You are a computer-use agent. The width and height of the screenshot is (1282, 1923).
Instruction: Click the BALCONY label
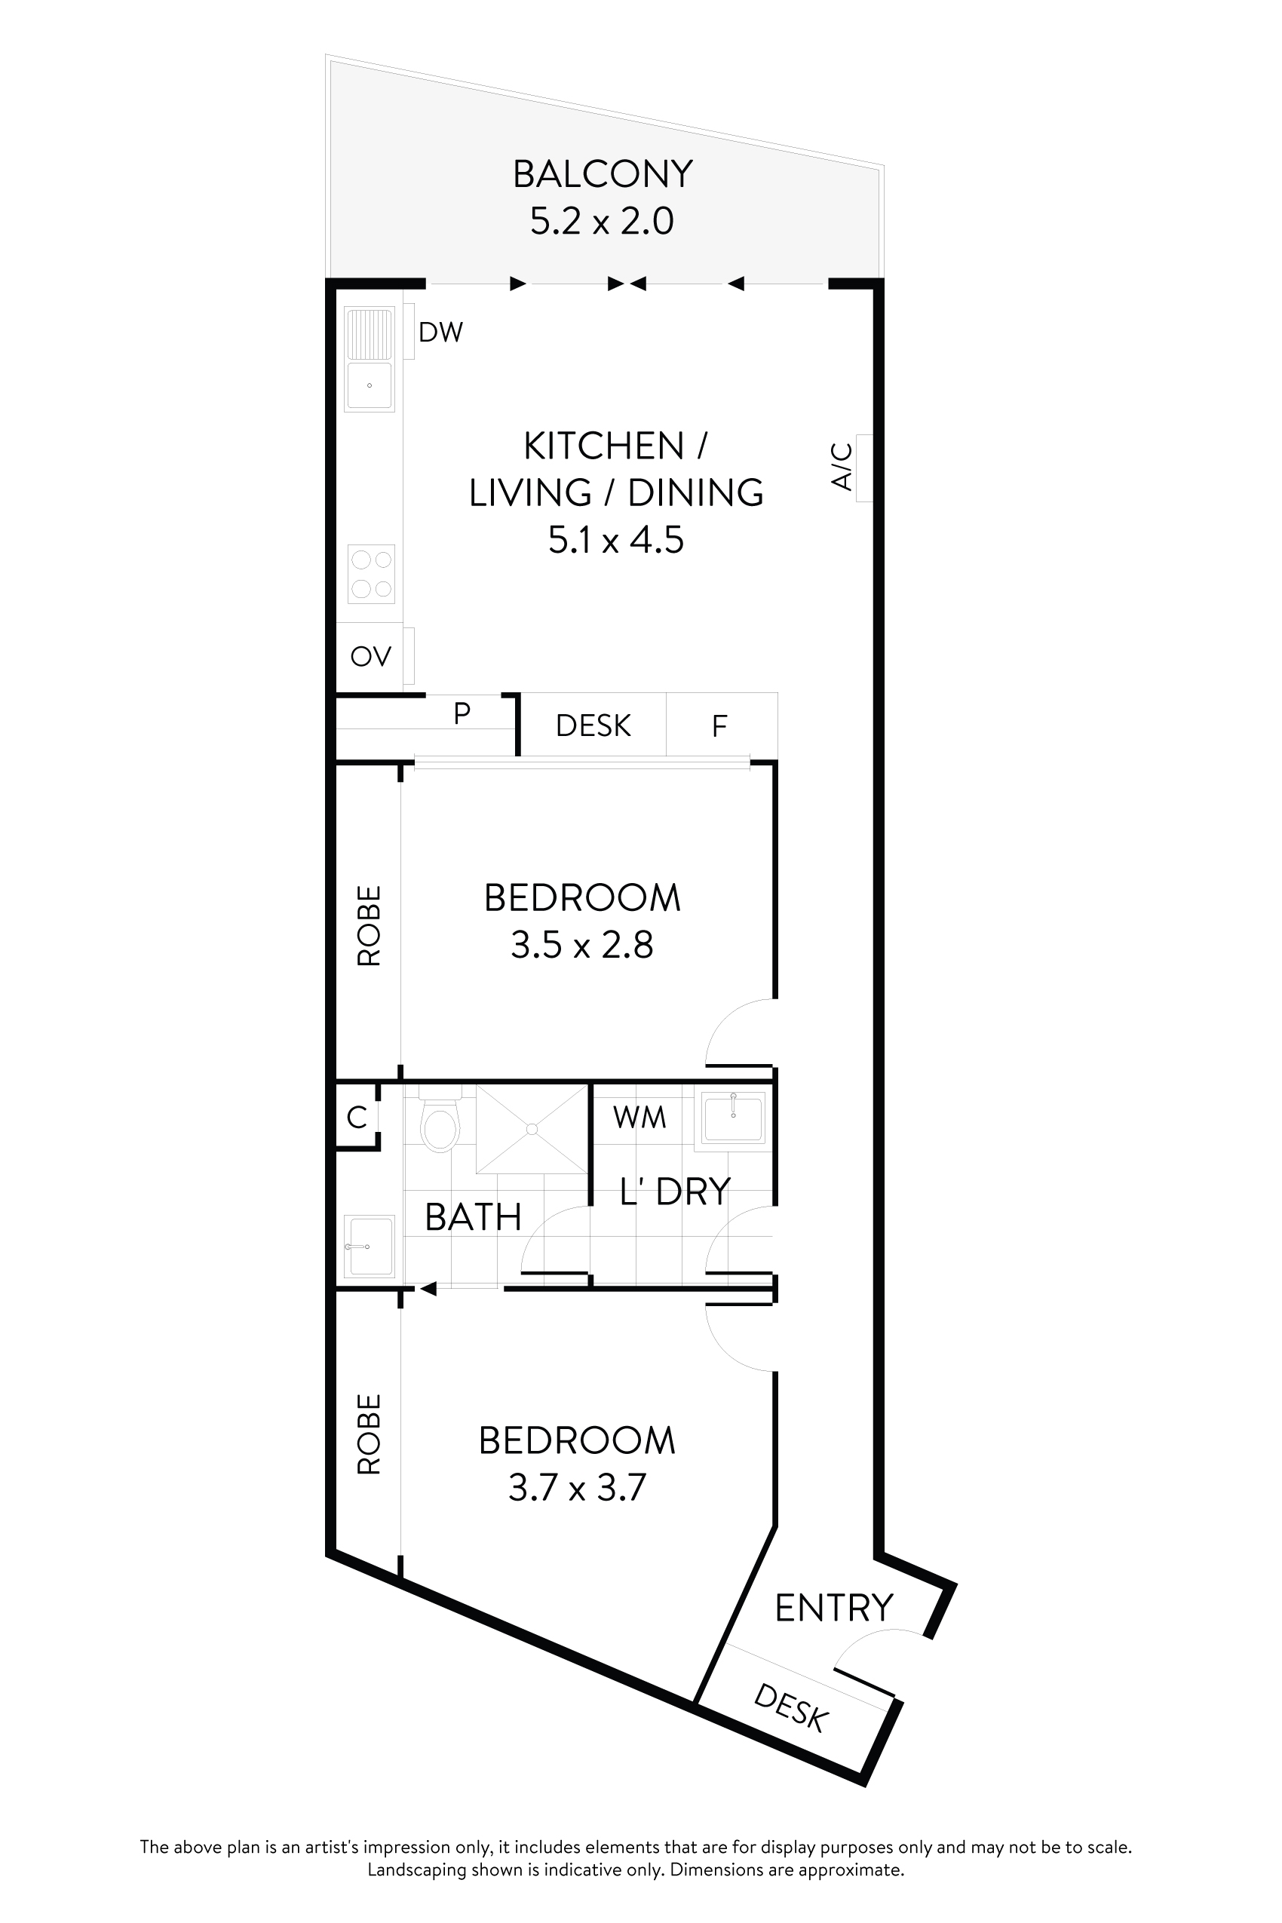[x=603, y=174]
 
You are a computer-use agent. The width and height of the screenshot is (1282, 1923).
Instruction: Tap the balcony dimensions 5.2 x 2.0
[x=602, y=222]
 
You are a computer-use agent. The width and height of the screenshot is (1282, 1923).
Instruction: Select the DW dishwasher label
[x=440, y=332]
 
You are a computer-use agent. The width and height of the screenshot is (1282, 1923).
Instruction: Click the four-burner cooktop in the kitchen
[x=371, y=574]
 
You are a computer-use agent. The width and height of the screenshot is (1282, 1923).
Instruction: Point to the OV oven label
[x=370, y=657]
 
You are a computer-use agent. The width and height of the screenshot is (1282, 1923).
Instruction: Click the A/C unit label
[x=842, y=467]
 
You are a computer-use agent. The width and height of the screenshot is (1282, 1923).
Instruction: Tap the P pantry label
[x=462, y=713]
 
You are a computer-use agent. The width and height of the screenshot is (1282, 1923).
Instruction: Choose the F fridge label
[x=719, y=726]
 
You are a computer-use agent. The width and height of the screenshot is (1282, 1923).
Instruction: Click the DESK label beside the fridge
[x=593, y=726]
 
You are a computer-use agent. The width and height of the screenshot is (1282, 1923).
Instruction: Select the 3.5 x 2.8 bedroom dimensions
[x=582, y=945]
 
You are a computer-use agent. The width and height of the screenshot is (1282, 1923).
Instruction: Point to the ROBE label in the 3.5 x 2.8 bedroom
[x=370, y=926]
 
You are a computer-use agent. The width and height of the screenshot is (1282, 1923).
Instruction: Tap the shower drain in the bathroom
[x=532, y=1129]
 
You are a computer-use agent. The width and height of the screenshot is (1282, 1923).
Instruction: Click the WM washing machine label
[x=639, y=1117]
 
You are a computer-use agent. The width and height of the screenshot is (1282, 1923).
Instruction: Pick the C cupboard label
[x=357, y=1117]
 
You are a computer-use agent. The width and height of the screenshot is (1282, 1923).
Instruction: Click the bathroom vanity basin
[x=370, y=1246]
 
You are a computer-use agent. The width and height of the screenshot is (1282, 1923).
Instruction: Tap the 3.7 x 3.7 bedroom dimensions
[x=577, y=1488]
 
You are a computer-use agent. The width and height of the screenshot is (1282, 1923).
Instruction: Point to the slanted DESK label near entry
[x=790, y=1708]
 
